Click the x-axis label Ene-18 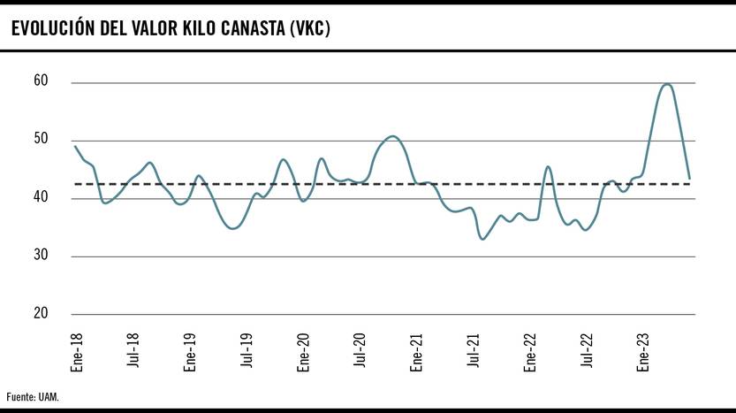point(77,350)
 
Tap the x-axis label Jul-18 point(133,350)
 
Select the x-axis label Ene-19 point(190,350)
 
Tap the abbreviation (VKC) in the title point(309,28)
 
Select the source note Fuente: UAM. point(33,396)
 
